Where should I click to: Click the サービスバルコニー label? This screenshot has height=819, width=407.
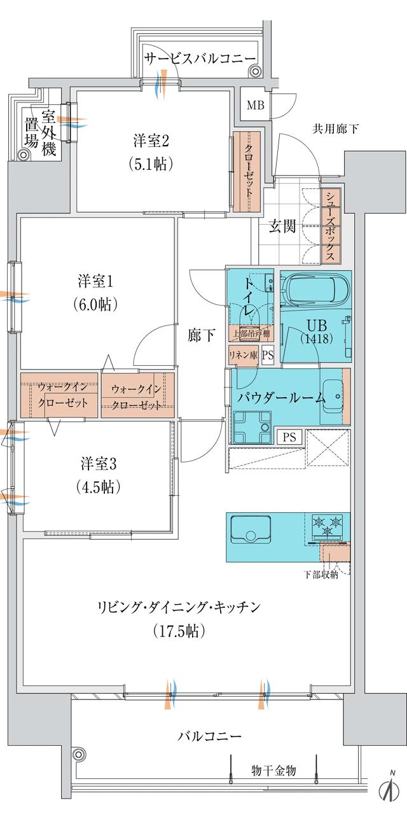pyautogui.click(x=198, y=59)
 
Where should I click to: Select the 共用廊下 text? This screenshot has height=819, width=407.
pyautogui.click(x=335, y=129)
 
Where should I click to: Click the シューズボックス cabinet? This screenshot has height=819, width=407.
pyautogui.click(x=331, y=226)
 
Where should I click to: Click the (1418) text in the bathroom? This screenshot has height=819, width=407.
pyautogui.click(x=316, y=339)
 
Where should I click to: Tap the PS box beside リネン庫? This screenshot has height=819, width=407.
pyautogui.click(x=267, y=356)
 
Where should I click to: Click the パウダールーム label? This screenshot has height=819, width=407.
pyautogui.click(x=281, y=398)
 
